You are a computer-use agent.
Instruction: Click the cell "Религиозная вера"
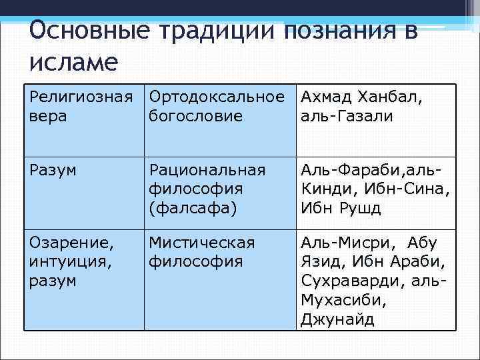[x=83, y=107]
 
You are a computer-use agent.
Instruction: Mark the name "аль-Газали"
[x=347, y=116]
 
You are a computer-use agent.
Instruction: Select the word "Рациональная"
[x=207, y=170]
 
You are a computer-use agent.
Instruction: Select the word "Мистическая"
[x=201, y=242]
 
